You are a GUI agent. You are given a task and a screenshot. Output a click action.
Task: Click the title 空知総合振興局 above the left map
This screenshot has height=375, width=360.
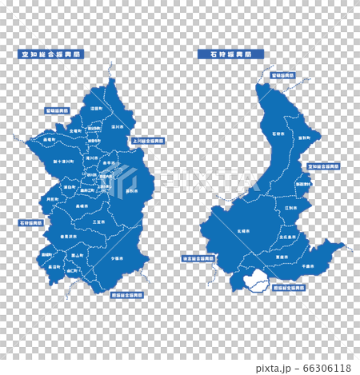click(x=50, y=54)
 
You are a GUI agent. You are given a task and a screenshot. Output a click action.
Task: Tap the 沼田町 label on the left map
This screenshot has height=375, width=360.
click(x=96, y=108)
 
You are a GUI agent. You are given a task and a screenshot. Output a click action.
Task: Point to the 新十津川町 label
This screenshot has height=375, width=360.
click(x=64, y=161)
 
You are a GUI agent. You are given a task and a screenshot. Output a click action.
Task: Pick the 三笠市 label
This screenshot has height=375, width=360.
click(x=98, y=221)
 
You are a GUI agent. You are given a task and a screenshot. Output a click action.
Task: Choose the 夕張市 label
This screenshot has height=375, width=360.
click(x=117, y=258)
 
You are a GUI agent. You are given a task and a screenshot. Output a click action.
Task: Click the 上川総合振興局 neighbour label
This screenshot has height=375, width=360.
click(x=147, y=139)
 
